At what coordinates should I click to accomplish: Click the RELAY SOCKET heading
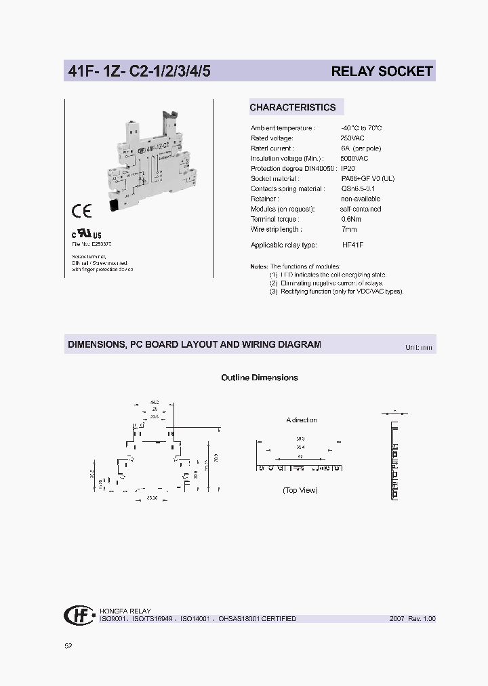(382, 71)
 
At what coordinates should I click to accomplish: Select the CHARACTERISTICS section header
(292, 107)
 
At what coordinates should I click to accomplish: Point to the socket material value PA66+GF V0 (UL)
(367, 178)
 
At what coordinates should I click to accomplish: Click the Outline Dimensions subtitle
(260, 378)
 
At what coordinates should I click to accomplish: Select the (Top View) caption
(300, 490)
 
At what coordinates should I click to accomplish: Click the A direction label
(301, 420)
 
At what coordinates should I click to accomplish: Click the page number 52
(68, 645)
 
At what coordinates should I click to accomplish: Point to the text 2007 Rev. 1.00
(412, 619)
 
